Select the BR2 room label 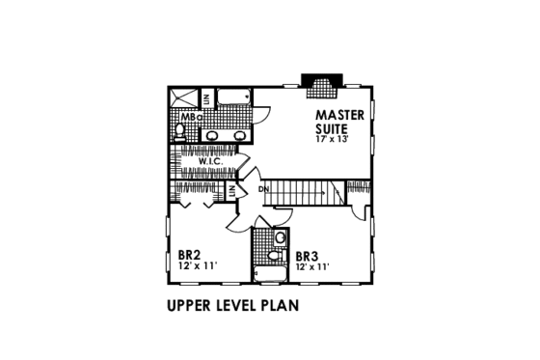click(189, 256)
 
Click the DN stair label click(263, 189)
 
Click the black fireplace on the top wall click(319, 84)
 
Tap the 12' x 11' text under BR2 click(198, 266)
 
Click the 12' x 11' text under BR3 click(312, 266)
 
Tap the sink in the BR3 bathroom click(274, 256)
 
